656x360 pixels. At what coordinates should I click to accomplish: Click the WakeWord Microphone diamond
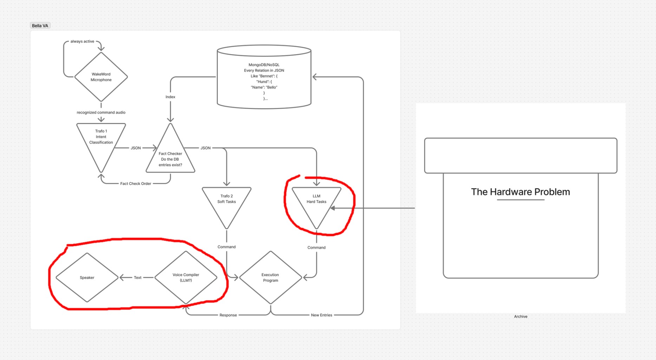click(101, 77)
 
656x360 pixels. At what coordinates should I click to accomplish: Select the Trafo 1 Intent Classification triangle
click(101, 141)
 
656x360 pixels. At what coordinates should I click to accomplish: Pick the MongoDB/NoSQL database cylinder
click(264, 77)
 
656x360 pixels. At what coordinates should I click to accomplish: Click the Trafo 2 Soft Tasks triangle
click(227, 204)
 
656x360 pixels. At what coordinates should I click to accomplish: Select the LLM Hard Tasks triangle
click(317, 204)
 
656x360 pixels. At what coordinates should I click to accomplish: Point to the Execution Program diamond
click(271, 277)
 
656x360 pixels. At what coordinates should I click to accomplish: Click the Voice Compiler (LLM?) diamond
click(186, 277)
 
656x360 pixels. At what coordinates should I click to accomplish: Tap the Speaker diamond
click(87, 277)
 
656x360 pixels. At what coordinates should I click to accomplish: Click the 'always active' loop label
click(82, 41)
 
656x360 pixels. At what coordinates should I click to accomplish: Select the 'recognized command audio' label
click(101, 112)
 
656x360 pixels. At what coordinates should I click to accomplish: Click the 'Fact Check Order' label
click(136, 184)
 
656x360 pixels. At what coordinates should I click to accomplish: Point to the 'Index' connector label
click(170, 97)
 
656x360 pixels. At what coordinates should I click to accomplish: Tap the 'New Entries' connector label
click(321, 315)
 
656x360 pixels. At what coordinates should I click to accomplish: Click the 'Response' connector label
click(228, 315)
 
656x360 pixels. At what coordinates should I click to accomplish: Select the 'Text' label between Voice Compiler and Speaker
click(138, 277)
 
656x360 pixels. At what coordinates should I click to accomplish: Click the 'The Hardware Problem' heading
click(520, 192)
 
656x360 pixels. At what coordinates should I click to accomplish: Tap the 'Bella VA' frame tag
click(40, 26)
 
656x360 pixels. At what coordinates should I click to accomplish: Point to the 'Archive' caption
click(521, 316)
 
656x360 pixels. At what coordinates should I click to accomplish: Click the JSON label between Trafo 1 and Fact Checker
click(136, 148)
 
